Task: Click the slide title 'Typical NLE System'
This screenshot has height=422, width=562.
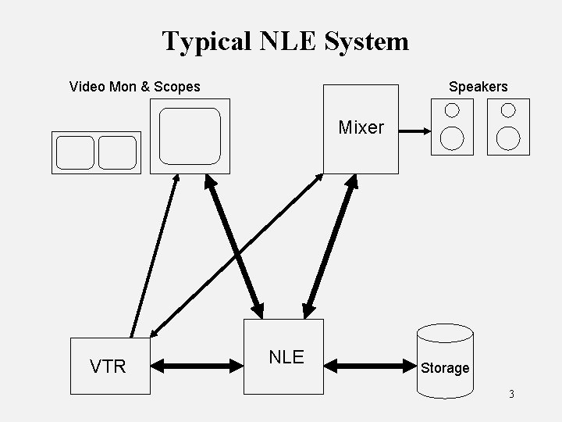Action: [x=285, y=41]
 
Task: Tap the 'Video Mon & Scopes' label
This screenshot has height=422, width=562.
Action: [x=134, y=87]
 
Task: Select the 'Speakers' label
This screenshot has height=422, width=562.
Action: [x=478, y=87]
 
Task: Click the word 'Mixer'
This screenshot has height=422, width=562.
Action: [x=361, y=127]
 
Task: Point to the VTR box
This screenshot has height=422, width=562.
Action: [x=109, y=366]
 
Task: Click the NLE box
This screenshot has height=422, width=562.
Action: [x=284, y=356]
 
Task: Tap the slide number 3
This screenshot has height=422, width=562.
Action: [x=511, y=394]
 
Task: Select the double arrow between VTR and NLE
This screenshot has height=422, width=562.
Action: [x=197, y=364]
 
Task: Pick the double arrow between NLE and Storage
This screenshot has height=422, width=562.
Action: [x=371, y=364]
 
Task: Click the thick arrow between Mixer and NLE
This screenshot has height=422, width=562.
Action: [x=330, y=245]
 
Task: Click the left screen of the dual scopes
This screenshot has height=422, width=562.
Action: [x=75, y=152]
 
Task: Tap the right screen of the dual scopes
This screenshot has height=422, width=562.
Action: [x=117, y=152]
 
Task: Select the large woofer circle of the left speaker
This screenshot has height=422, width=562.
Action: [x=452, y=138]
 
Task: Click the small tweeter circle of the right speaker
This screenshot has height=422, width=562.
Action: [x=508, y=109]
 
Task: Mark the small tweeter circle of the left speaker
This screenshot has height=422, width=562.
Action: [x=452, y=109]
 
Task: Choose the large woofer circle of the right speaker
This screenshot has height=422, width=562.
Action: [x=508, y=138]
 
